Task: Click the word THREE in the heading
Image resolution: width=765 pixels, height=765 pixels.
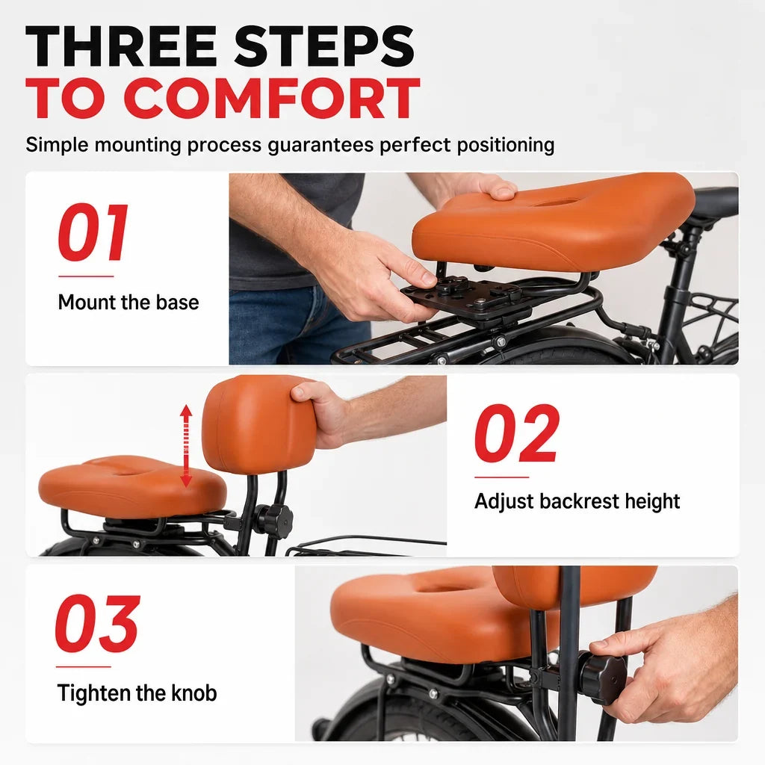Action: coord(120,46)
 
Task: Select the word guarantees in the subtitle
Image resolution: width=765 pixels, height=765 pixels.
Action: coord(321,146)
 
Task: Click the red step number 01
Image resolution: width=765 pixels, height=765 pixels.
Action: coord(93,232)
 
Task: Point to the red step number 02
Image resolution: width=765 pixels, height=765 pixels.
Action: coord(517,433)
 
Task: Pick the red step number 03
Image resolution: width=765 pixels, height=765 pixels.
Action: coord(98,623)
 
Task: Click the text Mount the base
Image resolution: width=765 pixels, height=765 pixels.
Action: coord(128,303)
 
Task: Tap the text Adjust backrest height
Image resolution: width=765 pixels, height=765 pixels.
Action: coord(577,501)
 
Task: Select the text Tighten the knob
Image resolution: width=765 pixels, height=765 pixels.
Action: coord(137,693)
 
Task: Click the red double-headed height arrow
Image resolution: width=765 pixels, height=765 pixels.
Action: coord(186,445)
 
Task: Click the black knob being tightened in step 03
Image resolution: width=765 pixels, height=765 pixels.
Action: coord(601,675)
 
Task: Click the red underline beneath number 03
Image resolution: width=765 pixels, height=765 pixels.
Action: coord(84,666)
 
